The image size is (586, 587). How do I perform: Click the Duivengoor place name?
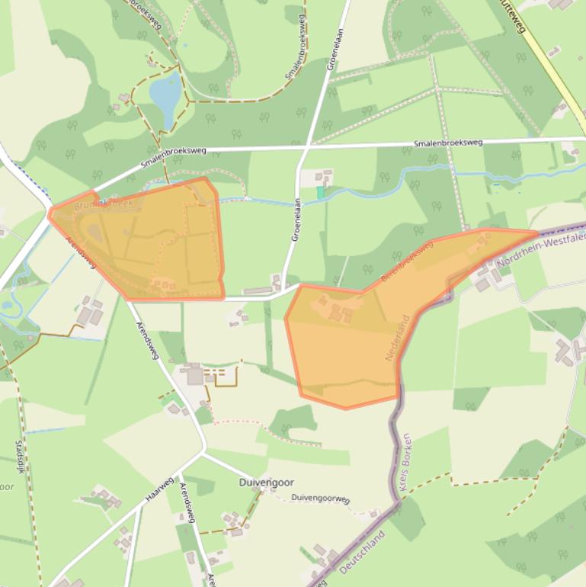click(x=266, y=483)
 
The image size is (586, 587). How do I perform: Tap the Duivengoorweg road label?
click(x=320, y=499)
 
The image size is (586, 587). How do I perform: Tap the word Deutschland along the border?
click(x=362, y=553)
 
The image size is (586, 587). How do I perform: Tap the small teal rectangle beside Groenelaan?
click(x=321, y=193)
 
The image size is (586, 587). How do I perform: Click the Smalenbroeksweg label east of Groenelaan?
click(x=448, y=143)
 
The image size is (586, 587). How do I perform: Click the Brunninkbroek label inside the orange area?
click(x=104, y=204)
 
